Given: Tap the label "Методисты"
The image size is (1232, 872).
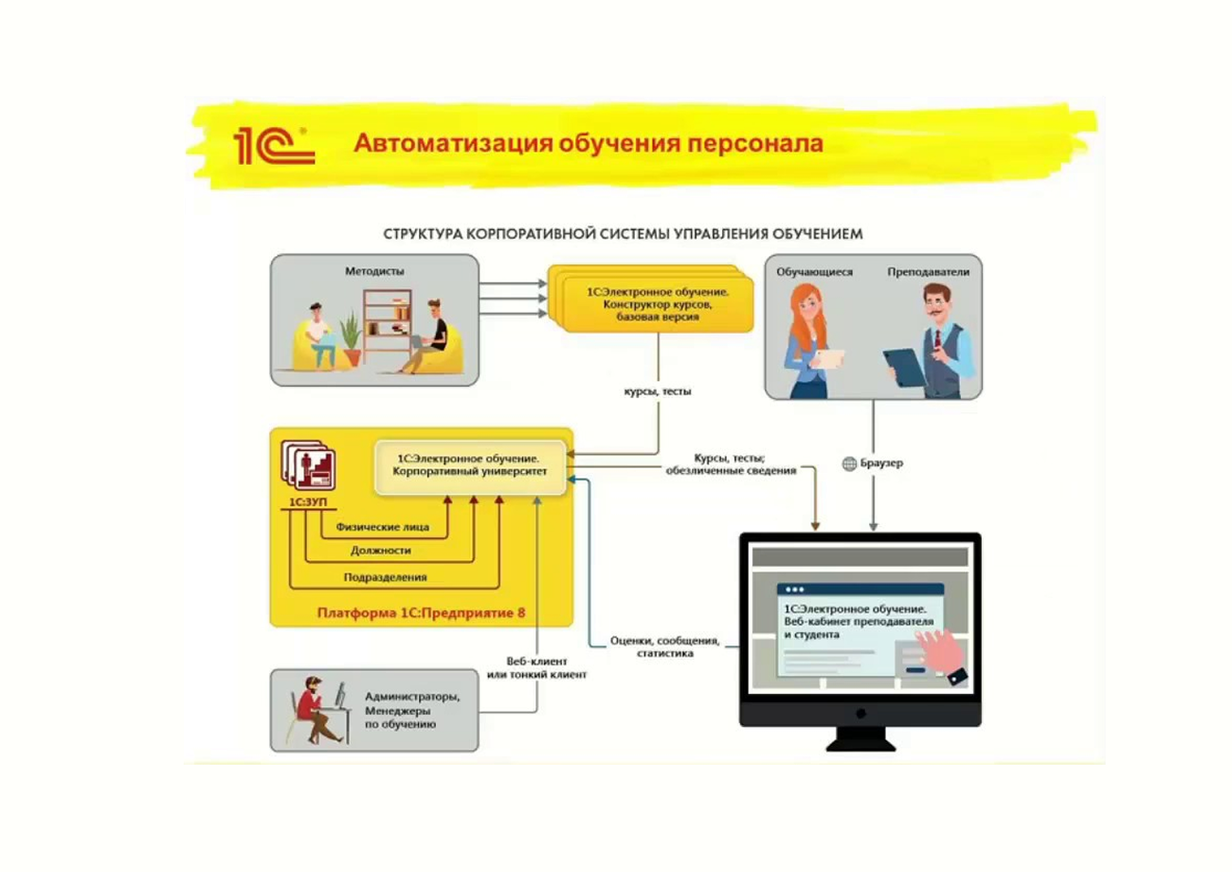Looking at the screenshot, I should coord(374,271).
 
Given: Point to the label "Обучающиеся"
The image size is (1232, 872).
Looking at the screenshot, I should coord(814,271).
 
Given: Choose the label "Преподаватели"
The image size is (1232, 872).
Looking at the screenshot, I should coord(928,271).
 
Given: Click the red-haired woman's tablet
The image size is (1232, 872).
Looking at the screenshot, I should coord(831,358).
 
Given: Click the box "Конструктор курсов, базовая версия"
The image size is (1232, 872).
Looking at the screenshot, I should coord(650,302).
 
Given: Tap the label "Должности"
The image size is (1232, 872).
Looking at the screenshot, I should coord(380,551).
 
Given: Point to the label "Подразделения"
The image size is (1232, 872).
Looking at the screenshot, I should coord(385,576).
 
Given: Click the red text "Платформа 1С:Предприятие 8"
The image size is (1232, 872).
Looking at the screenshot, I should coord(421,612).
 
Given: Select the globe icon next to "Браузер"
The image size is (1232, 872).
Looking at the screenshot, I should coord(850,463).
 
